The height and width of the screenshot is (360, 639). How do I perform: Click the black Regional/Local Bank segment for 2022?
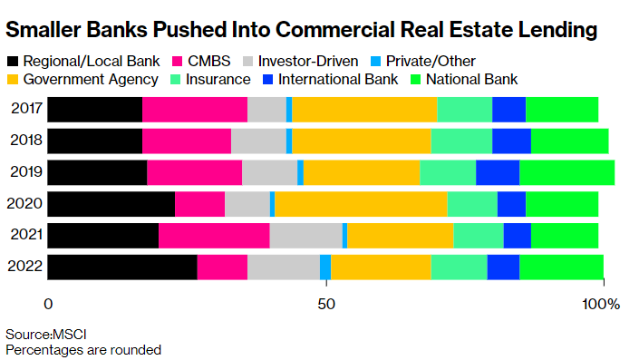122,267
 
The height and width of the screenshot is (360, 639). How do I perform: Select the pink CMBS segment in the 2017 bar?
195,109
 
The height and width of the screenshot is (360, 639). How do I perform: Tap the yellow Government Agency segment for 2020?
361,204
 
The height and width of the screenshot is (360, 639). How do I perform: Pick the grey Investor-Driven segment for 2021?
306,235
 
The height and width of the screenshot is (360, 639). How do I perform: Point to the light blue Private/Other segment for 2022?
325,267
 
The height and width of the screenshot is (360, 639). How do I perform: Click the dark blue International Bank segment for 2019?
498,172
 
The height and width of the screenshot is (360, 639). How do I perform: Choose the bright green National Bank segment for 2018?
570,141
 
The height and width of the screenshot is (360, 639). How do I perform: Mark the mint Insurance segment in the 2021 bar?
479,235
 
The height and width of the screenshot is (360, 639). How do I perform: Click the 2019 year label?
26,171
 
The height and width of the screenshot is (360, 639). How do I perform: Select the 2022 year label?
24,266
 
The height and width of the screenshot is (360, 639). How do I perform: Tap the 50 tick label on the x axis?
326,304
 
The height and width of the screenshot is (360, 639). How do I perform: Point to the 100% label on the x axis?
601,304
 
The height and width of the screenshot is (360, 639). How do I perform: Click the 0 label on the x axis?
48,304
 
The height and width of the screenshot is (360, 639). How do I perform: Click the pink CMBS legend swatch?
177,61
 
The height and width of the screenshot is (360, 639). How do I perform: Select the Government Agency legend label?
91,79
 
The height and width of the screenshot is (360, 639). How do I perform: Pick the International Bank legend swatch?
267,79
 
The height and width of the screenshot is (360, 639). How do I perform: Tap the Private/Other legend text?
431,61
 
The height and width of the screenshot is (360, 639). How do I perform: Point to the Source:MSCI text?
46,335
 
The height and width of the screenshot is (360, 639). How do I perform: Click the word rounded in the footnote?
136,350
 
